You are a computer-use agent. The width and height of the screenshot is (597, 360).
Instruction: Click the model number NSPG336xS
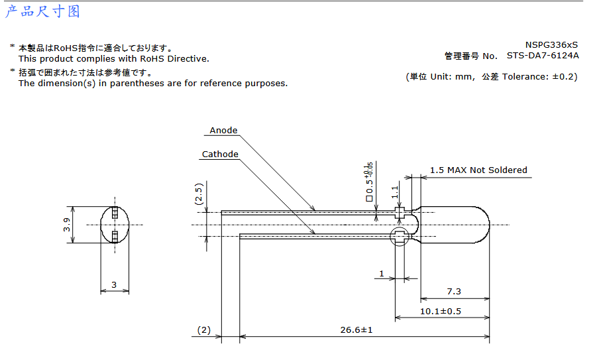pyautogui.click(x=551, y=44)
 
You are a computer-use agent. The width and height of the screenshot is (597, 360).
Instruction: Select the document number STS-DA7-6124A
pyautogui.click(x=543, y=56)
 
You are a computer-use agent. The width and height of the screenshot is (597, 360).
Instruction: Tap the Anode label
pyautogui.click(x=223, y=131)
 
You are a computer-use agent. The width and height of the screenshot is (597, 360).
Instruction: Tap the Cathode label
pyautogui.click(x=220, y=154)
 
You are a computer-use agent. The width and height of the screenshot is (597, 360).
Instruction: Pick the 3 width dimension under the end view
pyautogui.click(x=114, y=285)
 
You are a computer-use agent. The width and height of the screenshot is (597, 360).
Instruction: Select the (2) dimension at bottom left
pyautogui.click(x=204, y=330)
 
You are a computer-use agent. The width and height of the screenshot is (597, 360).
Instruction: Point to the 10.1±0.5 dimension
pyautogui.click(x=441, y=312)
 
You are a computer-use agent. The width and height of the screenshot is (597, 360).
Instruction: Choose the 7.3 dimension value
pyautogui.click(x=454, y=292)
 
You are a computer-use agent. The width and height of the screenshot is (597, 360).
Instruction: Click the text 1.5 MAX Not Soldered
pyautogui.click(x=478, y=170)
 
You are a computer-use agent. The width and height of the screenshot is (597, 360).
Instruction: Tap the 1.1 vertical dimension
pyautogui.click(x=396, y=192)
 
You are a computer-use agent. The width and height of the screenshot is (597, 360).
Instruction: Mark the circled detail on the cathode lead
pyautogui.click(x=400, y=236)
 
